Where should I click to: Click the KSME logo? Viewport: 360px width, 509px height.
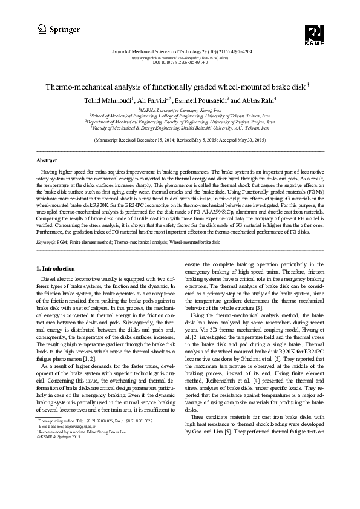pyautogui.click(x=315, y=37)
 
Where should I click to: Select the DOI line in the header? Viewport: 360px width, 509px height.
pyautogui.click(x=180, y=62)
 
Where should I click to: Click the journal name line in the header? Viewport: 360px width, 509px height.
pyautogui.click(x=180, y=53)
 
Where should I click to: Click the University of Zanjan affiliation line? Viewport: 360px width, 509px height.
pyautogui.click(x=180, y=122)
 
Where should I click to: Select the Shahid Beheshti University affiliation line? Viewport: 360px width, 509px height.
pyautogui.click(x=180, y=128)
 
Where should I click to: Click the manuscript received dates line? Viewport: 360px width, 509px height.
pyautogui.click(x=180, y=140)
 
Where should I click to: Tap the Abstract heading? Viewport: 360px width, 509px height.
pyautogui.click(x=47, y=160)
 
